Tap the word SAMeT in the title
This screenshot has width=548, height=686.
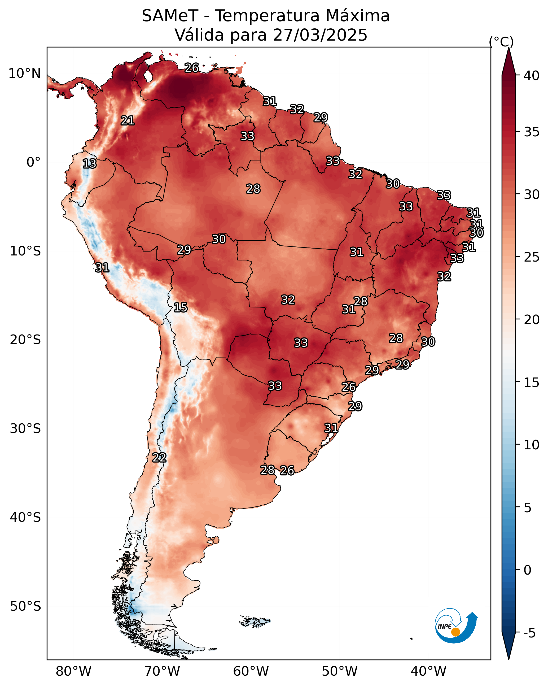(x=170, y=16)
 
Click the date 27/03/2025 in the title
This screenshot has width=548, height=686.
(x=320, y=35)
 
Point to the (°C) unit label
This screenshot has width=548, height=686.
(x=501, y=42)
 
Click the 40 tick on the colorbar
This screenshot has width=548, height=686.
(x=532, y=76)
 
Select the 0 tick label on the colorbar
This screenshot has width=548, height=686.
(x=527, y=570)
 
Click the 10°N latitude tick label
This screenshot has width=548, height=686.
(x=24, y=73)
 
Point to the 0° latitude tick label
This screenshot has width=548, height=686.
(x=33, y=162)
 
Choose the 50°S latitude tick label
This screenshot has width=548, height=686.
(x=25, y=606)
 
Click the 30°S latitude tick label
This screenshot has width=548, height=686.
(x=25, y=429)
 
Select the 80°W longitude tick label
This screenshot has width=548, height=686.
(x=73, y=671)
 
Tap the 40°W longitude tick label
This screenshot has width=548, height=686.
(x=428, y=671)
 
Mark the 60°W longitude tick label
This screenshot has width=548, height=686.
(x=251, y=671)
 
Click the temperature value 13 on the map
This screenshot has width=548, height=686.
(x=89, y=164)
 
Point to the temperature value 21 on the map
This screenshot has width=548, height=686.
(x=128, y=121)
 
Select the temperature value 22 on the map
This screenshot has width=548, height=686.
(x=159, y=458)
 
